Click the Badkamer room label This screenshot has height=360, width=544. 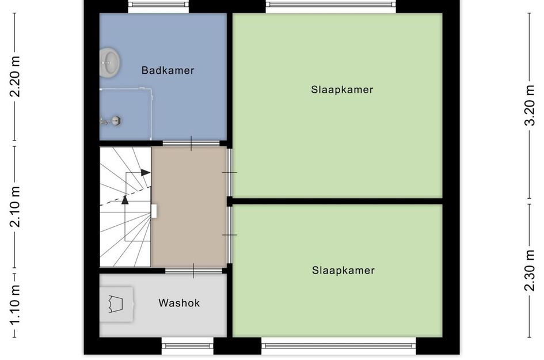click(168, 71)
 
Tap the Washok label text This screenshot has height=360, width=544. click(179, 303)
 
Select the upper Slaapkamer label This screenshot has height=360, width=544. click(342, 90)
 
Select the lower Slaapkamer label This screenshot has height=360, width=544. click(343, 270)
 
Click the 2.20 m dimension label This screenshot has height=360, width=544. click(16, 77)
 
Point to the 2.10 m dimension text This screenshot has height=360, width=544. click(16, 207)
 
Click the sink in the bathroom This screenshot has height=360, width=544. click(109, 62)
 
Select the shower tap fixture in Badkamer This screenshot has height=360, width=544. click(111, 120)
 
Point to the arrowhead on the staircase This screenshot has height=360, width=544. click(145, 172)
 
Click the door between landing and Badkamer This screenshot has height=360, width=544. click(191, 143)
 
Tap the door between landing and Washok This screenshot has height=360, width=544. click(193, 270)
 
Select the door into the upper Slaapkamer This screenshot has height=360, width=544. click(230, 172)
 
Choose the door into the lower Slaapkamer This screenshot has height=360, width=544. click(230, 235)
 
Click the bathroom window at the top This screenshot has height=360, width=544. click(158, 6)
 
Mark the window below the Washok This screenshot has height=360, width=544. click(187, 346)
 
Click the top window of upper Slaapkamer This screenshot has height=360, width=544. click(331, 6)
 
